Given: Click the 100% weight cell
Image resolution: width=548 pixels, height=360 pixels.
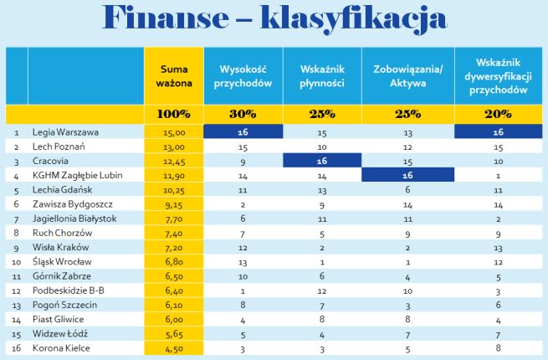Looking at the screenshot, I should click(170, 114).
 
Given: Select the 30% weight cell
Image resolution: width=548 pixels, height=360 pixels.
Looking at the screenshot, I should click(241, 114).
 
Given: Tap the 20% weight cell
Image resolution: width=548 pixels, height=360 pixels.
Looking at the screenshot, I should click(498, 114).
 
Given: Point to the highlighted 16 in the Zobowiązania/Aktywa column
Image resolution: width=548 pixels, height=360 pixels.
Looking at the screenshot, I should click(407, 175).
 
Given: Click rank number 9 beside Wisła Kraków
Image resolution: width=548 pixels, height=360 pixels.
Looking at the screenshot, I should click(16, 247).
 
